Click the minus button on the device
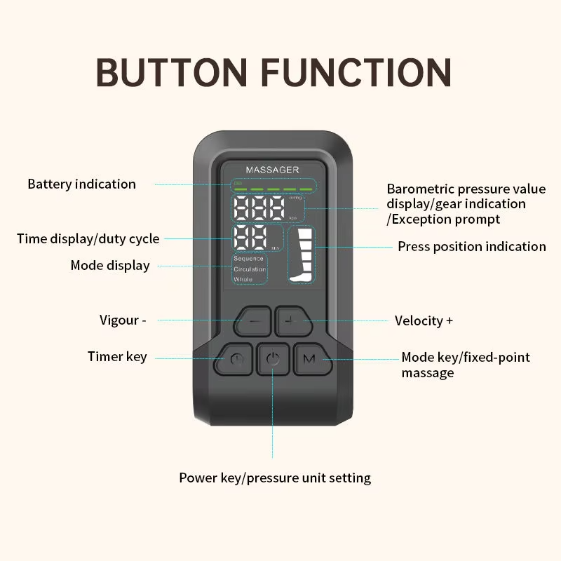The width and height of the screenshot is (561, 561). coord(252,321)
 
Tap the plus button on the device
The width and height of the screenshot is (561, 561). coord(291,320)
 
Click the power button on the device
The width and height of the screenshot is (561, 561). coord(273,360)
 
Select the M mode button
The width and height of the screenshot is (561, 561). coord(309,359)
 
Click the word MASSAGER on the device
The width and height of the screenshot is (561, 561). coord(272,170)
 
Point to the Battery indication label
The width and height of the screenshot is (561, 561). coord(81,184)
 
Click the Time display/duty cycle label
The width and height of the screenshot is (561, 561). coord(88,239)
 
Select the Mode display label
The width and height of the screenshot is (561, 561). coord(110,266)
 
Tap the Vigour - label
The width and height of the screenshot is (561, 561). coord(123,320)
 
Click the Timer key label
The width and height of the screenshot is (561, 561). coord(117,357)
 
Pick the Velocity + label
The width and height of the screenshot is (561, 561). coord(424,320)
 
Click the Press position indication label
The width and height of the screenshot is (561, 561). coord(471,246)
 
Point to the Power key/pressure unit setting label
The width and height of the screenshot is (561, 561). coord(274,478)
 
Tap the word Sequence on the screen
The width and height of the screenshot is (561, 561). coord(249,259)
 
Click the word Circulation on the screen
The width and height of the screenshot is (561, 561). coord(250,269)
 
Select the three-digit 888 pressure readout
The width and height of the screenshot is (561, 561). coord(259,208)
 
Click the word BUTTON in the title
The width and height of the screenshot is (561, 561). coord(173,72)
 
